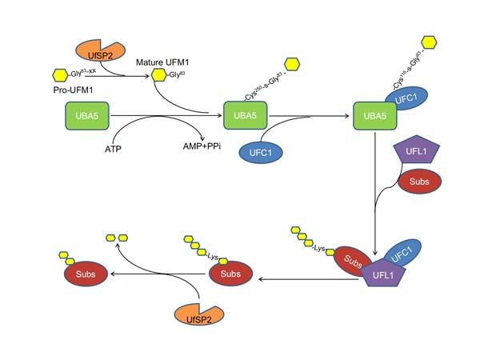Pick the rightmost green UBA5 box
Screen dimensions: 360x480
click(376, 117)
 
